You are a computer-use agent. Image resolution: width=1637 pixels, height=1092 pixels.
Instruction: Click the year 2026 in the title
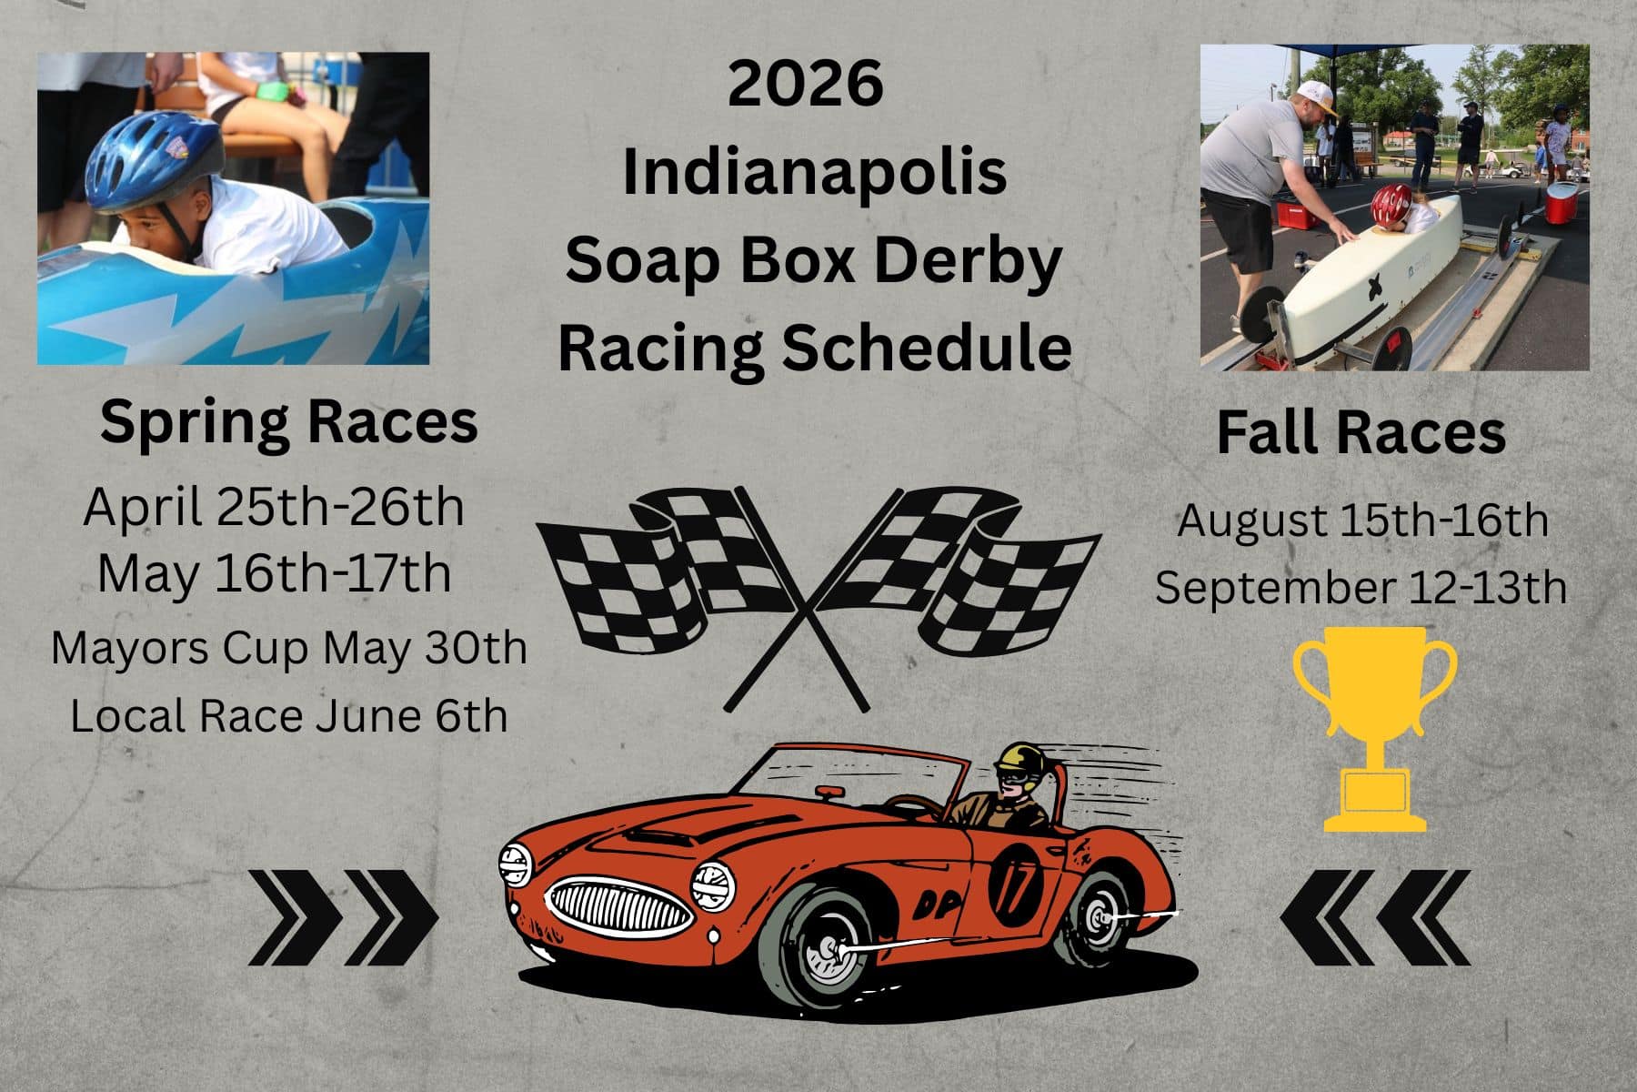coord(806,83)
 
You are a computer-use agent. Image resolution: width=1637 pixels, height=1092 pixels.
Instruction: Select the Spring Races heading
coord(288,421)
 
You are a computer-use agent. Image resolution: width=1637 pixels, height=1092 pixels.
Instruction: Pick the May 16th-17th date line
coord(274,574)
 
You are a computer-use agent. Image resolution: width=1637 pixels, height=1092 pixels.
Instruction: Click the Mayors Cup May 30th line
coord(289,648)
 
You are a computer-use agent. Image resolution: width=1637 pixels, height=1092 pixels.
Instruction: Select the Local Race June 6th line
coord(289,715)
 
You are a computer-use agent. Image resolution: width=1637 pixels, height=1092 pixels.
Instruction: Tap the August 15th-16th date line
coord(1362,521)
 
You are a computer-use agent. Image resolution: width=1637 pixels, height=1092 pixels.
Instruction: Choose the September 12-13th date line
coord(1361,587)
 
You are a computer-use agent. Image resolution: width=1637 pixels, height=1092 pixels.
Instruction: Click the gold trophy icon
coord(1374,729)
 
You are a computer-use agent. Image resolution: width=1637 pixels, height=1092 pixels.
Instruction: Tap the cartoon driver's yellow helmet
coord(1017,761)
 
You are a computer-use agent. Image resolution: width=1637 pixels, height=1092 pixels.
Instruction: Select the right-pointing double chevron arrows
coord(344,917)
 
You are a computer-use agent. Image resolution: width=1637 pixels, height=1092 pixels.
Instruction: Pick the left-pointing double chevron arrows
coord(1375,917)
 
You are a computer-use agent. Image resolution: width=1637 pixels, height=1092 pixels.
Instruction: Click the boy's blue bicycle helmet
coord(155,160)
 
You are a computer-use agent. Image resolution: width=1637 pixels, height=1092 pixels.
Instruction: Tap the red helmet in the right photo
coord(1391,204)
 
